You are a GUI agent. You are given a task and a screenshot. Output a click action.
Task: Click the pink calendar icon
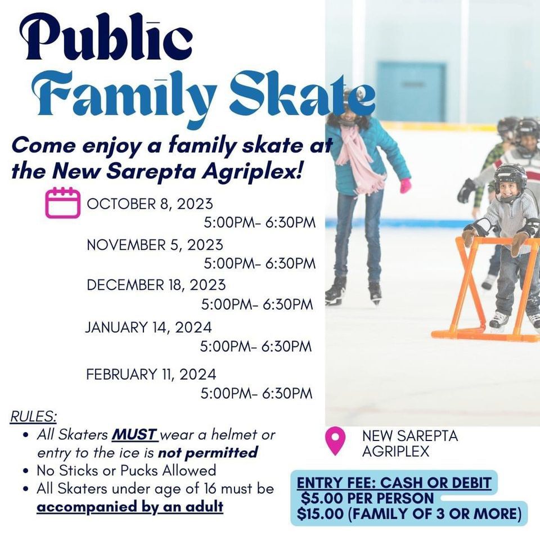(62, 202)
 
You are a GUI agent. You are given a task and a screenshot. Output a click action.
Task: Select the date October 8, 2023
(150, 204)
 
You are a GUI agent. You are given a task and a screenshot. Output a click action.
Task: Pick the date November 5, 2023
(155, 245)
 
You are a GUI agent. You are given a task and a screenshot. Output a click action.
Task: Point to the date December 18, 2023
(156, 285)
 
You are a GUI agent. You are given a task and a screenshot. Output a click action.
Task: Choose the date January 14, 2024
(148, 327)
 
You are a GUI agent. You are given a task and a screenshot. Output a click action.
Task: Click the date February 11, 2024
(151, 374)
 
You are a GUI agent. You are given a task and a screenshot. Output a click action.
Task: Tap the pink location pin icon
(335, 440)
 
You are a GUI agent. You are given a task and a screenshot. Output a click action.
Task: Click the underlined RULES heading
(33, 417)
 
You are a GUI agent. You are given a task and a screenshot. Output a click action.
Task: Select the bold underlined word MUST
(135, 435)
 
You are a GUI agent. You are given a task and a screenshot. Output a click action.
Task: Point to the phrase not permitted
(208, 452)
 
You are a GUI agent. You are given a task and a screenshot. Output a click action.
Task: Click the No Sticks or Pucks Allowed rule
(126, 470)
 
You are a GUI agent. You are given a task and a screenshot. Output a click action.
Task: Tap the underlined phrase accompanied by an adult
(130, 506)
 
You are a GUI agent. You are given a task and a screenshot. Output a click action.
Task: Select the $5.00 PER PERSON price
(367, 498)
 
